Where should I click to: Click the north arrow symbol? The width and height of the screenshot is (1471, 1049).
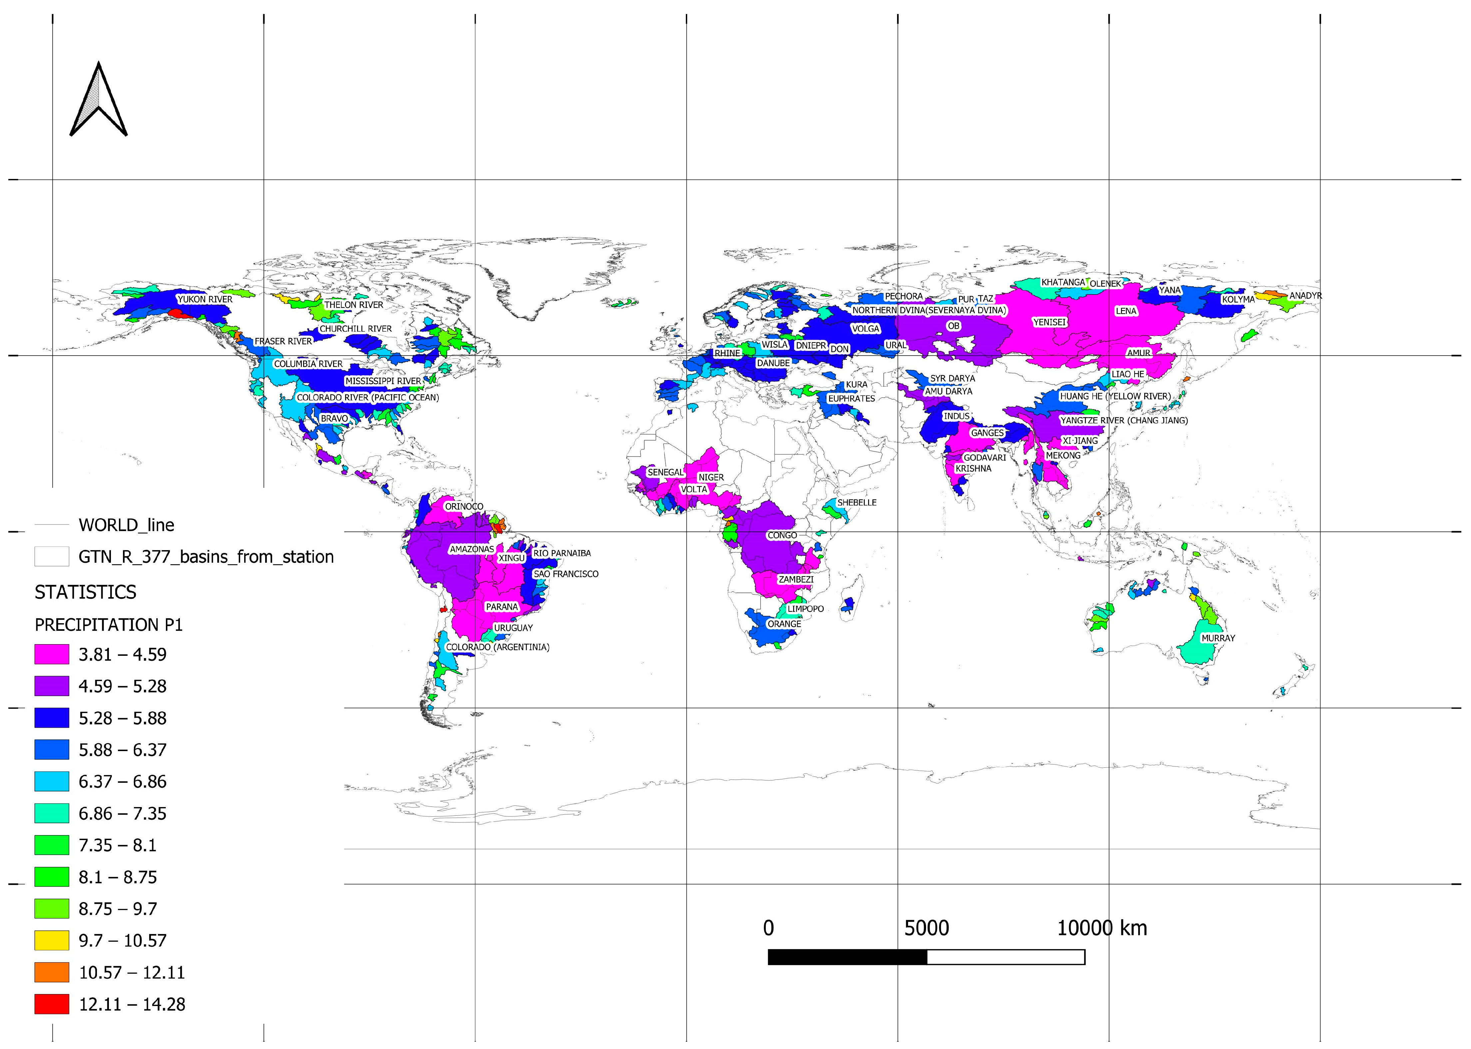coord(98,100)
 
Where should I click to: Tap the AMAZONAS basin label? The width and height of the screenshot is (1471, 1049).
coord(471,549)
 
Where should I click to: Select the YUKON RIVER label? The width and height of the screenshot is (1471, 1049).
coord(205,299)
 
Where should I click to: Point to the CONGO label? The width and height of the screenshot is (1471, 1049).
coord(782,535)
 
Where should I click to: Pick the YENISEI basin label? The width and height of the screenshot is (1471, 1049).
coord(1049,322)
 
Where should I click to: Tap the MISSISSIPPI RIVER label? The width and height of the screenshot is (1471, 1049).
coord(383,381)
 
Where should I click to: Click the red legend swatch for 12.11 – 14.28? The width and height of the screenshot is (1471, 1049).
coord(52,1004)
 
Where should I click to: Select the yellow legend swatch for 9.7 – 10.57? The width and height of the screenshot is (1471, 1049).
coord(52,940)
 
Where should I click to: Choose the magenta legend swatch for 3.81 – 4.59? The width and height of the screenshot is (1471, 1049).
coord(52,654)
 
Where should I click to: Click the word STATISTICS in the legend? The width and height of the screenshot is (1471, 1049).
coord(85,592)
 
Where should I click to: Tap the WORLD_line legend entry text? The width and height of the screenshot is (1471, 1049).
coord(127,525)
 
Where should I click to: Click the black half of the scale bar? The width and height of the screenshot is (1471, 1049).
coord(847,957)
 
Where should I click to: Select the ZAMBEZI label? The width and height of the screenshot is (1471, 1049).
coord(795,579)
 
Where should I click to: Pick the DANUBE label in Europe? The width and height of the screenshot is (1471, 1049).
coord(773,363)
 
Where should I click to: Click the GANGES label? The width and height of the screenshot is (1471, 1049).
coord(987,433)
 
